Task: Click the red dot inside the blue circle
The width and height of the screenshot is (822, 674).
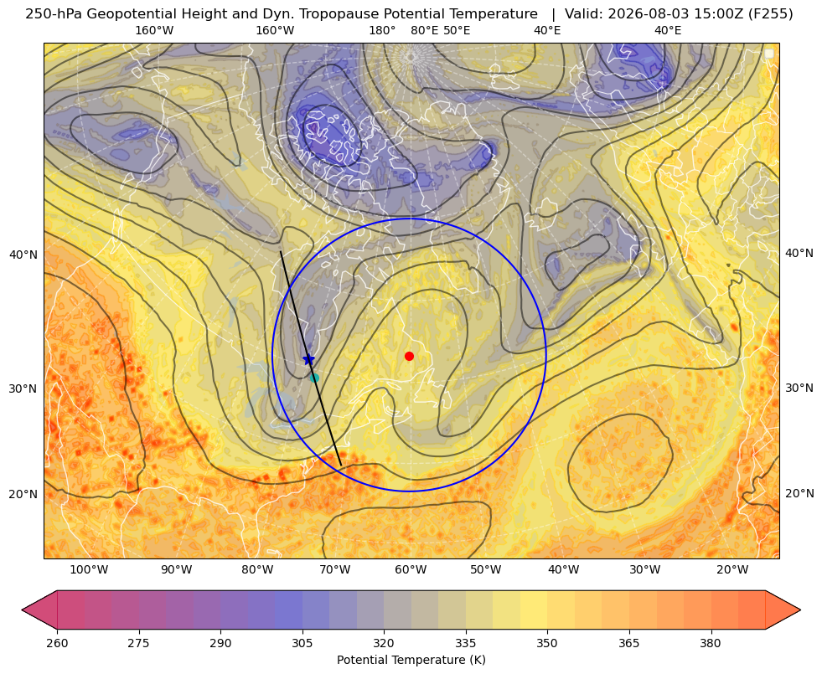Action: pyautogui.click(x=410, y=356)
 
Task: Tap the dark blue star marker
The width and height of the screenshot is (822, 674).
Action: pyautogui.click(x=309, y=359)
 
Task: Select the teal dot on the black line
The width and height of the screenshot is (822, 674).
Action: pyautogui.click(x=314, y=378)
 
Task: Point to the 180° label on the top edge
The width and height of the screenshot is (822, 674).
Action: pyautogui.click(x=382, y=30)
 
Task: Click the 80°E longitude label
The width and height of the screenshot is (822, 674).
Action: pyautogui.click(x=424, y=30)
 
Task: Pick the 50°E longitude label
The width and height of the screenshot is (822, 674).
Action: pyautogui.click(x=457, y=30)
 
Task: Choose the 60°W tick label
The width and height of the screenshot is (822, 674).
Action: pyautogui.click(x=411, y=570)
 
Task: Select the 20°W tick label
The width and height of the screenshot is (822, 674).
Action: pyautogui.click(x=732, y=570)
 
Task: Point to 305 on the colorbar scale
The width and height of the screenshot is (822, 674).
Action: pyautogui.click(x=302, y=643)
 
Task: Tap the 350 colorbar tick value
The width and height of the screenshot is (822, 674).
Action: pyautogui.click(x=547, y=643)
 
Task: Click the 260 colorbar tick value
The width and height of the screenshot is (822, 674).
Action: pyautogui.click(x=57, y=643)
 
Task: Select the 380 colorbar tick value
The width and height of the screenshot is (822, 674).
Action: pyautogui.click(x=711, y=643)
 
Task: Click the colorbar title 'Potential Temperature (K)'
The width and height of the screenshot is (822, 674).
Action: pyautogui.click(x=411, y=660)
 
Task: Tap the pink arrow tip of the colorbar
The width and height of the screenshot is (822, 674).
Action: pyautogui.click(x=22, y=610)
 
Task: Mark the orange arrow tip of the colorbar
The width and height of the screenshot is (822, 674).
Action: pyautogui.click(x=800, y=610)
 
